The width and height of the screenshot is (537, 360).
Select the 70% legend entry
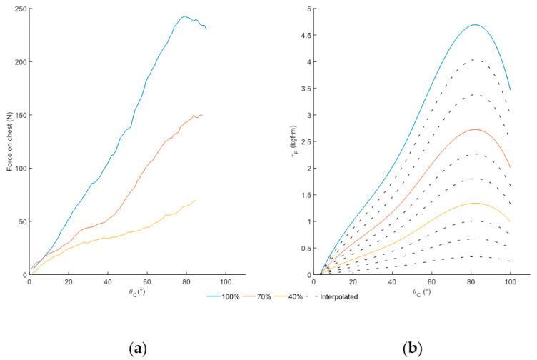(262, 296)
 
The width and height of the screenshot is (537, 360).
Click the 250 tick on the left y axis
(20, 9)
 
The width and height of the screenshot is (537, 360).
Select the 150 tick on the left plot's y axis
(20, 115)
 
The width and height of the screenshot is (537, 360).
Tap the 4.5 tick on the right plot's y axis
(306, 36)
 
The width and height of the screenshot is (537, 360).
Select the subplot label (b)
(413, 348)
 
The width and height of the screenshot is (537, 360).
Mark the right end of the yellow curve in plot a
(195, 201)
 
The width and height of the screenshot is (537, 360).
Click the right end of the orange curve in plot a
(202, 115)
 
